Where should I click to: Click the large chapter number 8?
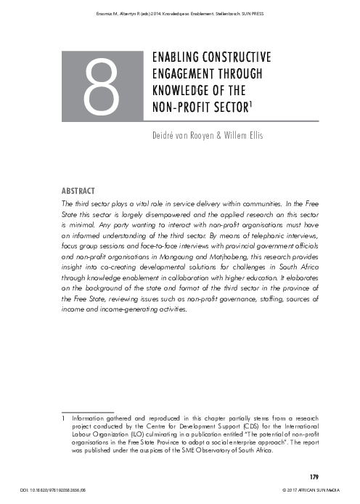point(102,88)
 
